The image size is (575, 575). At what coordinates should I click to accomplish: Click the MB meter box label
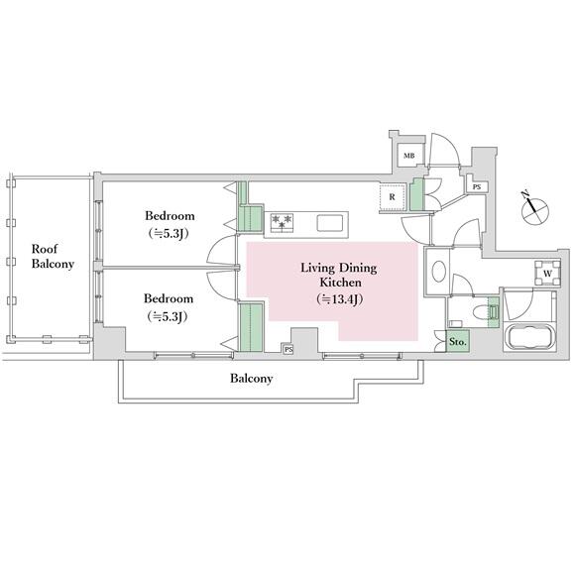tap(408, 156)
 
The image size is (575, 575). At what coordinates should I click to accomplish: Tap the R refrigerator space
tap(393, 197)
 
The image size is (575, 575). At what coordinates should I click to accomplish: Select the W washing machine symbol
tap(547, 274)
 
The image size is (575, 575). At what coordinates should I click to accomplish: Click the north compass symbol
tap(535, 211)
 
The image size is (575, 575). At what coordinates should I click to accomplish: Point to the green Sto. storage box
tap(458, 342)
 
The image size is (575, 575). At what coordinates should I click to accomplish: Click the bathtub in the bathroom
tap(529, 338)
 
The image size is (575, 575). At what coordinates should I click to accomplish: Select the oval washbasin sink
tap(439, 272)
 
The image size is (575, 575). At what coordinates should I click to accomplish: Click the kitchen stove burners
tap(282, 223)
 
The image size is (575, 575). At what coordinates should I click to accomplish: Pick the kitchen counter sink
tap(330, 223)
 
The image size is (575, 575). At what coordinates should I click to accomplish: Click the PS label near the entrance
tap(476, 187)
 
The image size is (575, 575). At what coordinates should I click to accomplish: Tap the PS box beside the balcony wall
tap(288, 350)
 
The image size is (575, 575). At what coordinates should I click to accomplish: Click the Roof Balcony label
tap(53, 257)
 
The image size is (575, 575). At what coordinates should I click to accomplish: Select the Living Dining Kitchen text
tap(339, 275)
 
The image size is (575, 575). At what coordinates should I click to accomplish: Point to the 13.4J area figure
tap(340, 299)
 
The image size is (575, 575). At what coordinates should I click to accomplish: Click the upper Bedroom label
tap(170, 216)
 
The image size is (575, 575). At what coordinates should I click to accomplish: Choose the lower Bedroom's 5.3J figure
tap(168, 316)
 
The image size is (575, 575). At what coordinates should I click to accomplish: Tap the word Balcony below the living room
tap(252, 379)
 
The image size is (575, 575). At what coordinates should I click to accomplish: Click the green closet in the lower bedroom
tap(251, 327)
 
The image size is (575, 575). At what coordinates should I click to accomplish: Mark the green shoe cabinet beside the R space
tap(416, 194)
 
